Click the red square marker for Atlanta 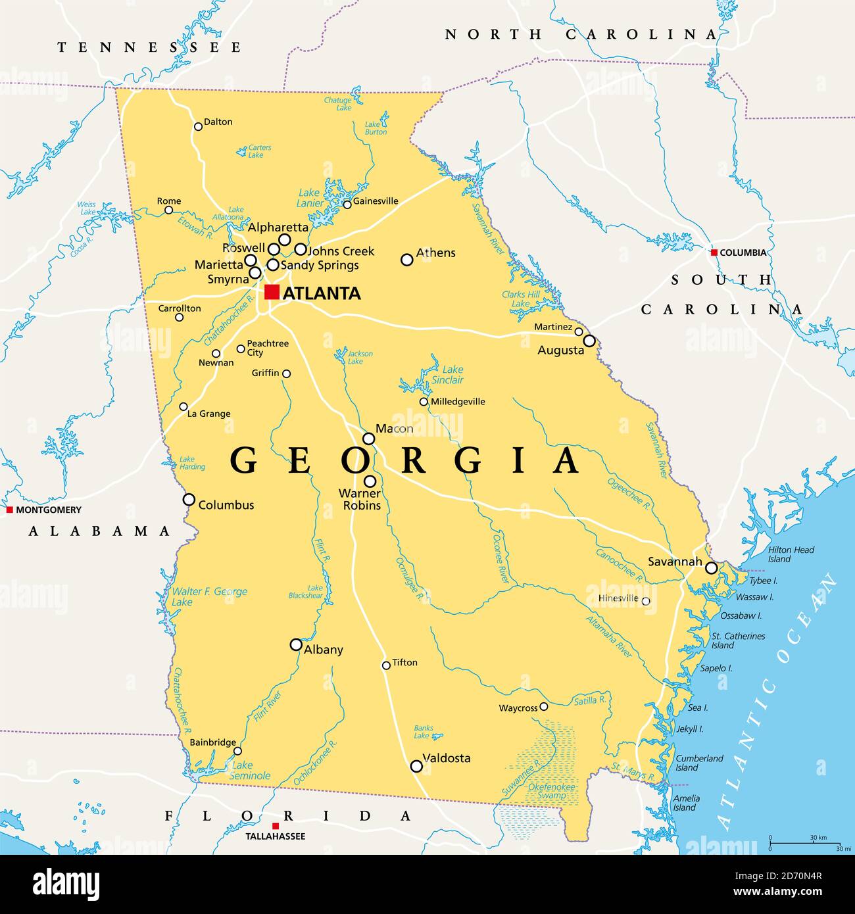pyautogui.click(x=272, y=292)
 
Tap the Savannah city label pyautogui.click(x=675, y=562)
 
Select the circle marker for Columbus pyautogui.click(x=189, y=500)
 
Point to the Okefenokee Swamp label pyautogui.click(x=551, y=791)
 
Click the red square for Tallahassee pyautogui.click(x=276, y=826)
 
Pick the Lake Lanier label pyautogui.click(x=310, y=198)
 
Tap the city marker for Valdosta pyautogui.click(x=416, y=766)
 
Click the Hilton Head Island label pyautogui.click(x=791, y=554)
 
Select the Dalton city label pyautogui.click(x=218, y=122)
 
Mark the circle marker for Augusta pyautogui.click(x=589, y=341)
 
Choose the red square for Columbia pyautogui.click(x=714, y=253)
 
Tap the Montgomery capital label pyautogui.click(x=49, y=510)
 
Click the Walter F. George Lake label pyautogui.click(x=209, y=596)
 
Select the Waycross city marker pyautogui.click(x=543, y=707)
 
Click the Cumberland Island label pyautogui.click(x=698, y=763)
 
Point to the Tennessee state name pyautogui.click(x=149, y=47)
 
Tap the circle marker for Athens pyautogui.click(x=407, y=260)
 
